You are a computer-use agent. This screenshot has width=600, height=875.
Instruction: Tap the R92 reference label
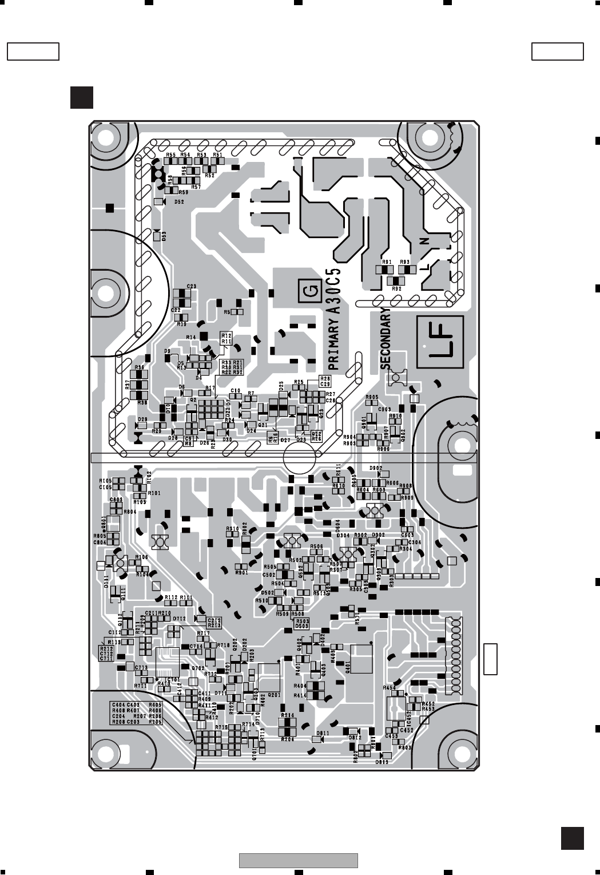click(396, 289)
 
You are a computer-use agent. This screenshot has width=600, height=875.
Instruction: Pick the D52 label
click(179, 202)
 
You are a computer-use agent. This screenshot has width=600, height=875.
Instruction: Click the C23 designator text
click(192, 286)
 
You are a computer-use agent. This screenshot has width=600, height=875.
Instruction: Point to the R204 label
click(288, 739)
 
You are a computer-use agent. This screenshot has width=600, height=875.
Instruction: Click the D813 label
click(382, 762)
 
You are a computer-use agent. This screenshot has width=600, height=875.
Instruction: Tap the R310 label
click(232, 528)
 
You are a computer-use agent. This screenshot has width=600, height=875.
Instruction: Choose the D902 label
click(376, 468)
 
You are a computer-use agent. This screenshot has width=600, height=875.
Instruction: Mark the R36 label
click(140, 367)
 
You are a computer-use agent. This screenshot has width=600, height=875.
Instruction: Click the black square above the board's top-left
click(82, 97)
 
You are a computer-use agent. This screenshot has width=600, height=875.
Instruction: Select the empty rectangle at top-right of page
click(557, 52)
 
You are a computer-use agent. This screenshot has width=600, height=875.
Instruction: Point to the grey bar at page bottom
click(298, 860)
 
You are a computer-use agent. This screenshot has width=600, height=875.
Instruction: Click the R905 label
click(372, 397)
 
